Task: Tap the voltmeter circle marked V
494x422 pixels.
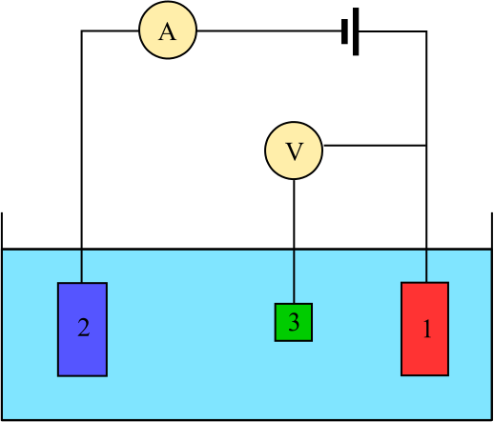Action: pos(294,151)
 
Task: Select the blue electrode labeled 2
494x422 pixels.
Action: pos(82,329)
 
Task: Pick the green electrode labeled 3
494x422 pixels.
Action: pos(294,322)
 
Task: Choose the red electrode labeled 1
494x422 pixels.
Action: pos(424,329)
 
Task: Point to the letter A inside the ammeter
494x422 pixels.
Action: pos(168,31)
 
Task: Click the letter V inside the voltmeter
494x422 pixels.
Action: pos(294,151)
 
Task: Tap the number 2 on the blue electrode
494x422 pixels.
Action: pos(83,329)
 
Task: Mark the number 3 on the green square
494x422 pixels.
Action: pos(294,322)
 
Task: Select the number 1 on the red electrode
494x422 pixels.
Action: pos(426,330)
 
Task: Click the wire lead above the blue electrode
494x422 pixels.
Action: pos(82,267)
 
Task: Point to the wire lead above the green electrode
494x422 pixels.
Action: pos(294,276)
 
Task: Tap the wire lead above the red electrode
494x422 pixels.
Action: pos(426,267)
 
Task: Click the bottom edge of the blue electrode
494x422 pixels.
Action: pos(82,375)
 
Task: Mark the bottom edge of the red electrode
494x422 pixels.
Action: pos(424,375)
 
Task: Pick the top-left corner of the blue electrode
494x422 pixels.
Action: pos(58,283)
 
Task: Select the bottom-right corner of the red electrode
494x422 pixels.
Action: pos(448,375)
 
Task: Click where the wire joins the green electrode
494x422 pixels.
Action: pos(294,304)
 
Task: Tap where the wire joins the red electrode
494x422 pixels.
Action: pos(426,283)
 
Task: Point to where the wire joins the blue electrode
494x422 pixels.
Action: pos(82,283)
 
